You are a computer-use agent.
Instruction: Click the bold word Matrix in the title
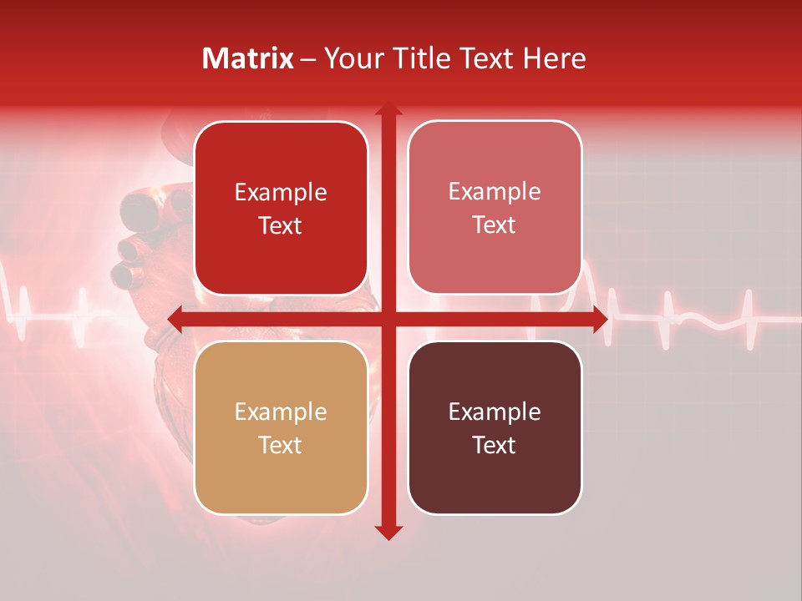(x=248, y=58)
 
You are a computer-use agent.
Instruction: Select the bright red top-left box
(x=281, y=208)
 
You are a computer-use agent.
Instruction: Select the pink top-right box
(x=495, y=208)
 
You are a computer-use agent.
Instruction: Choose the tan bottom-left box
(x=281, y=427)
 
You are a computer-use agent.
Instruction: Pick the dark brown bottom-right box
(x=495, y=427)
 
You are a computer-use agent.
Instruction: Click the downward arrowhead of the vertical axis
(x=388, y=533)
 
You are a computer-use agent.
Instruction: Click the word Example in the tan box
(x=281, y=412)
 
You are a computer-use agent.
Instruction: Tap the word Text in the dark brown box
(x=495, y=445)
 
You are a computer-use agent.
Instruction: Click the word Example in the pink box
(x=495, y=191)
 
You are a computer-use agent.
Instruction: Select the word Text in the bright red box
(x=281, y=225)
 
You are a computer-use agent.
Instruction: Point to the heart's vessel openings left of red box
(x=129, y=250)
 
